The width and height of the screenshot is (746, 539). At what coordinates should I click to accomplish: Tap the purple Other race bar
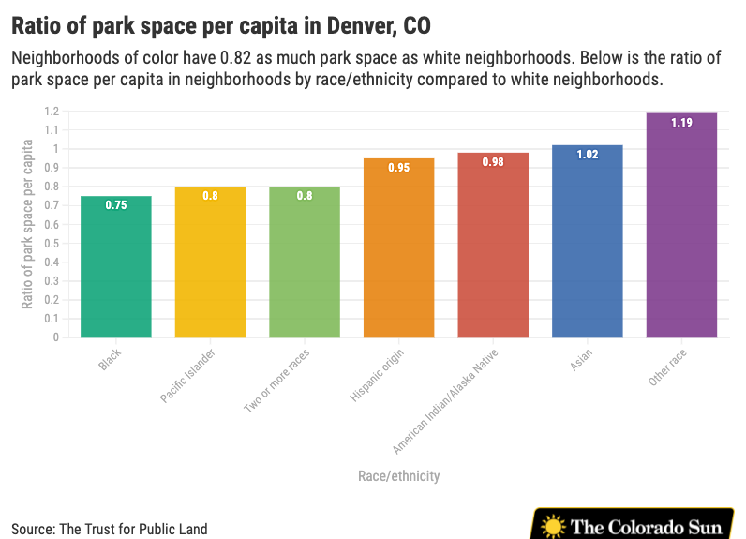point(681,225)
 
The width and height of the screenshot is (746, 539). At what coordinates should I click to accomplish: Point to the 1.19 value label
point(681,123)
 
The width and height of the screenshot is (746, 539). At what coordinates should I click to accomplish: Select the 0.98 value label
point(493,162)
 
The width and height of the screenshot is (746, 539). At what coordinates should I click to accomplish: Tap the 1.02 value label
point(587,155)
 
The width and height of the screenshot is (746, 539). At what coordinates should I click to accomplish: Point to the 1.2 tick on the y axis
point(51,112)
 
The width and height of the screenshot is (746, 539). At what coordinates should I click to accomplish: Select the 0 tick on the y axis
point(55,337)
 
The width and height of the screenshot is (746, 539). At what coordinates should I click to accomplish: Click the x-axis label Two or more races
point(276,381)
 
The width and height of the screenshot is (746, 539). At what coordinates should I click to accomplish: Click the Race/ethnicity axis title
point(398,476)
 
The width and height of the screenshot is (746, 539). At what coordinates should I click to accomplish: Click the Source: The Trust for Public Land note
point(110,529)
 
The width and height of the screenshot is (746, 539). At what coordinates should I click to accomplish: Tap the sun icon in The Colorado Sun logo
point(553,526)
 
